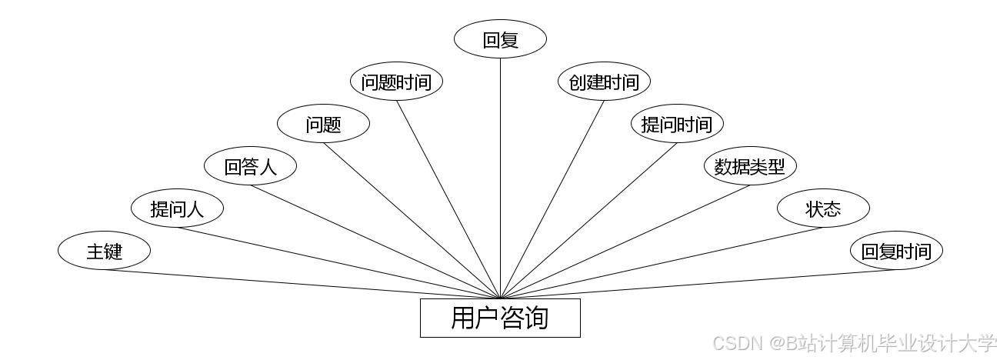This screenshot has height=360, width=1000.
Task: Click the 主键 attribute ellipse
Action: tap(104, 251)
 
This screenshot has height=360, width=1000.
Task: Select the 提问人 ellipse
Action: tap(177, 208)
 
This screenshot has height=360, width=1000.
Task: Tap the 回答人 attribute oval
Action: tap(250, 166)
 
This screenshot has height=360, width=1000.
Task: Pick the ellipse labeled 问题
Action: tap(323, 125)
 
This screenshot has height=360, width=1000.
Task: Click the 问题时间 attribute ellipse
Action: tap(396, 82)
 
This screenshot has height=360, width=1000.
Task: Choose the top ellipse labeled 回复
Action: tap(500, 39)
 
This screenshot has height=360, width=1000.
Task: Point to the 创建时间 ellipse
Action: tap(604, 82)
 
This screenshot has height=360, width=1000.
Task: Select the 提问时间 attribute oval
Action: tap(677, 125)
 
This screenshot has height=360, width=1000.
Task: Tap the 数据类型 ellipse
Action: tap(750, 166)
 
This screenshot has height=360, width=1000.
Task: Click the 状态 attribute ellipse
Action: tap(823, 208)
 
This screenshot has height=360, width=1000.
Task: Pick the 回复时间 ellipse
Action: tap(896, 251)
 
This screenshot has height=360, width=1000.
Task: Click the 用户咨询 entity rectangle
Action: tap(500, 318)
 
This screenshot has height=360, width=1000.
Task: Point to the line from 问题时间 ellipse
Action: tap(448, 199)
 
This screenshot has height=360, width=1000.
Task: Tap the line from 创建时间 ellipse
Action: tap(552, 199)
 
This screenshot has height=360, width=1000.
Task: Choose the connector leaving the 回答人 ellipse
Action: tap(375, 242)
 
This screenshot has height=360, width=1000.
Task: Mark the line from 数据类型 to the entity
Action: tap(625, 242)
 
